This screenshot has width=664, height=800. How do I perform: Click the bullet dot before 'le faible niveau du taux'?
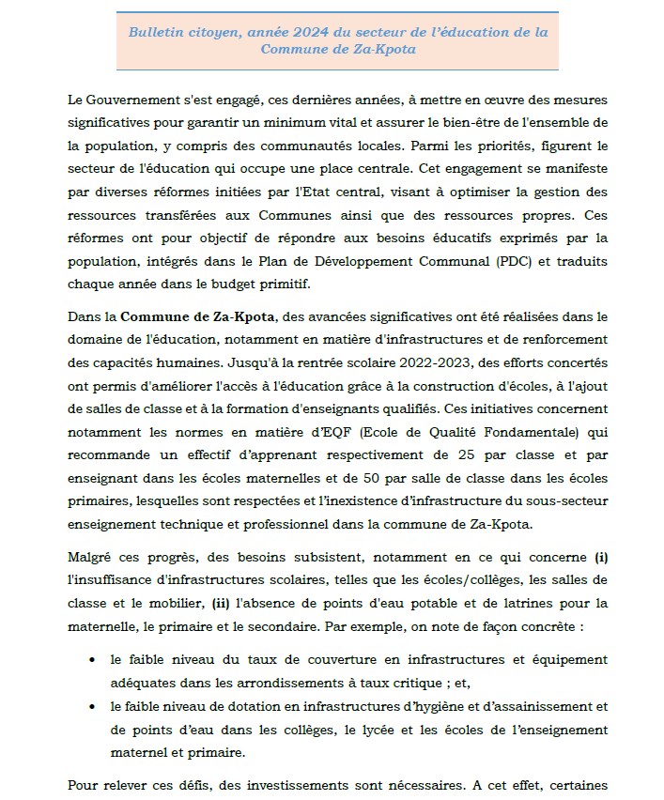tap(91, 660)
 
